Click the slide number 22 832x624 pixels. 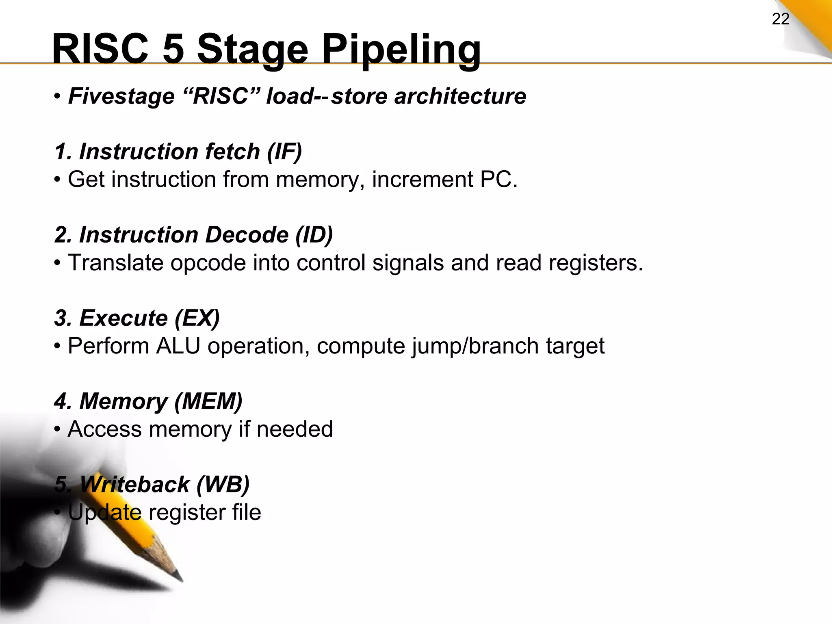(780, 19)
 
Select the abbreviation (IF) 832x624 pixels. (284, 152)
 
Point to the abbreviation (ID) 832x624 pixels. (314, 235)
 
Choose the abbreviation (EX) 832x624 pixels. (197, 318)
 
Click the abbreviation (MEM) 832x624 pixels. (208, 401)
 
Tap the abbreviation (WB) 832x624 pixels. (223, 485)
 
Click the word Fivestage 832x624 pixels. (121, 97)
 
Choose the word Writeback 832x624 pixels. (134, 485)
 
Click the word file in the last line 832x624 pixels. (246, 513)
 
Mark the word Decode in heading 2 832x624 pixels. (247, 235)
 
